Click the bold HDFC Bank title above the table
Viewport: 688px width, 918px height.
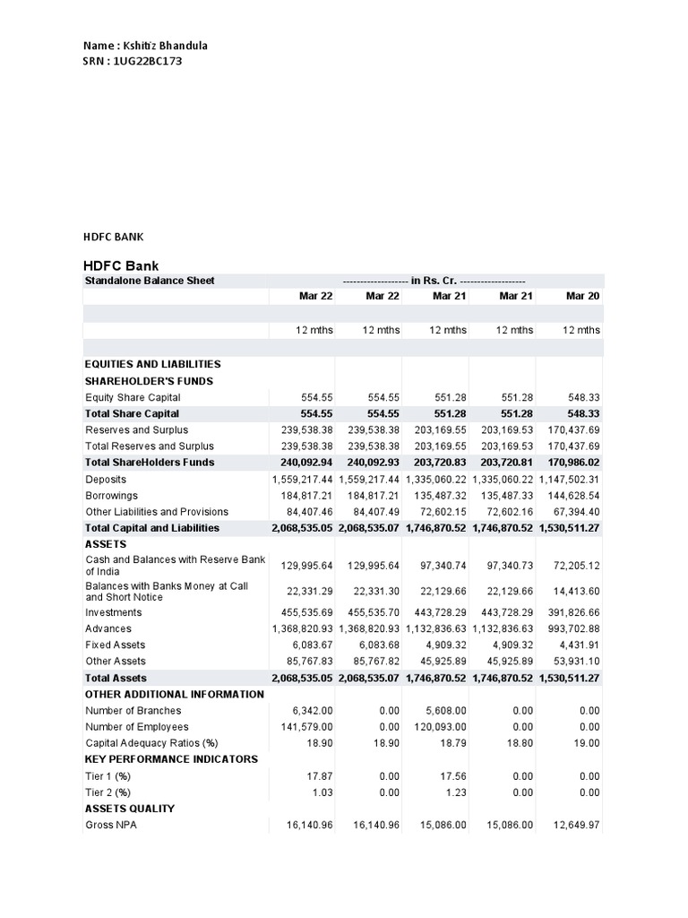coord(120,265)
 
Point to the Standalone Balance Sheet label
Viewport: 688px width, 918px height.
coord(150,281)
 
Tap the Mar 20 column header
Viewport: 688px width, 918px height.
coord(582,296)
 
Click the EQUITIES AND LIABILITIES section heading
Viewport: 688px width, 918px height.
coord(152,364)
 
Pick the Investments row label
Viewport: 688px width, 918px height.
coord(114,612)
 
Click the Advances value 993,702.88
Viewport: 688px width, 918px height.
coord(571,628)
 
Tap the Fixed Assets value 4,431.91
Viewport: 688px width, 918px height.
coord(578,645)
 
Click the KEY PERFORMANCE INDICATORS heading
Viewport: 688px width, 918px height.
coord(171,759)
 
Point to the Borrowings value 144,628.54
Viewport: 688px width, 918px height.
coord(571,495)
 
